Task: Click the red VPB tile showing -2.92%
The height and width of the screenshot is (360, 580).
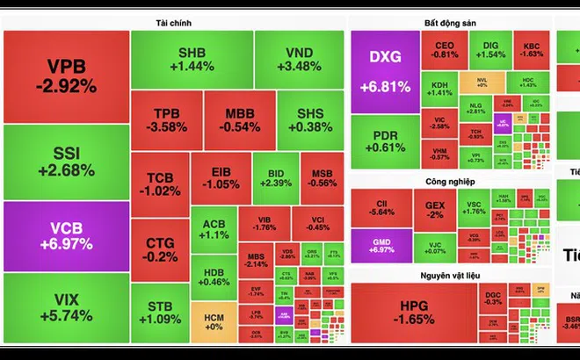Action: (x=66, y=77)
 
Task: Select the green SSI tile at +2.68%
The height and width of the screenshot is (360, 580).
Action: (x=66, y=162)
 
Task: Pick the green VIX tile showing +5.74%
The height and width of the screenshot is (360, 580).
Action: (x=66, y=307)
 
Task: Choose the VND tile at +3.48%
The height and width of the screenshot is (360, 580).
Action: (x=299, y=54)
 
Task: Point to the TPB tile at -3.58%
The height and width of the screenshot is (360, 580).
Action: (x=166, y=120)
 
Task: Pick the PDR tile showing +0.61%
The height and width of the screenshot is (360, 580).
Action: (x=384, y=141)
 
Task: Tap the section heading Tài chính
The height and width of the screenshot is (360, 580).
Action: (x=173, y=22)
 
